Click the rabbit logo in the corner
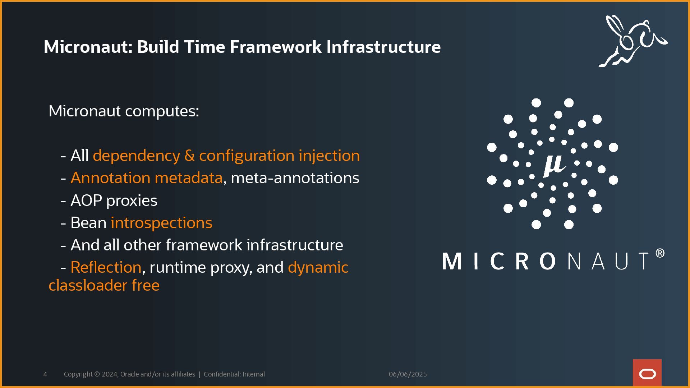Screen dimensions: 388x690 click(x=632, y=41)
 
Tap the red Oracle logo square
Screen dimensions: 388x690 click(x=647, y=373)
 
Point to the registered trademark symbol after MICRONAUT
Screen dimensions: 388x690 click(x=660, y=254)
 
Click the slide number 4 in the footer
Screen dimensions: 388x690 click(x=45, y=374)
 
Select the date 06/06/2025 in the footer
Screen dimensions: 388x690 click(x=408, y=374)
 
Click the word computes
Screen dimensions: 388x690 click(x=162, y=111)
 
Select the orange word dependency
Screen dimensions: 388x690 click(x=136, y=156)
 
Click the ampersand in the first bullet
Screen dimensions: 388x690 click(x=189, y=156)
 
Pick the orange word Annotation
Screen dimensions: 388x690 click(x=110, y=178)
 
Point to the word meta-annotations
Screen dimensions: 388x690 click(x=295, y=178)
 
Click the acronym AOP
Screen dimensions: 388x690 click(x=86, y=200)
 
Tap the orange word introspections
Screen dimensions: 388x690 click(x=161, y=223)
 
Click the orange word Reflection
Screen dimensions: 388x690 click(x=106, y=267)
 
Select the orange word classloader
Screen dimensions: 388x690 click(x=88, y=286)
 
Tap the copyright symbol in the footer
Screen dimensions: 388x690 click(x=97, y=374)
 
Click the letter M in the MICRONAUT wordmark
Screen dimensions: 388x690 click(x=451, y=261)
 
